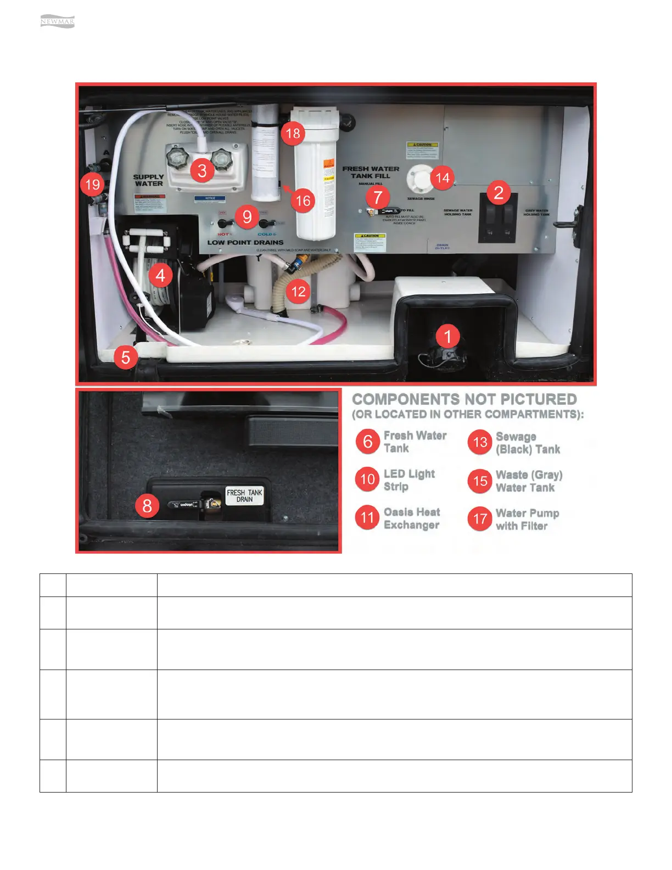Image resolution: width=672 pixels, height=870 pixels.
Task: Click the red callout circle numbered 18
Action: [293, 133]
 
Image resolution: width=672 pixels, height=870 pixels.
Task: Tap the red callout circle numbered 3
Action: [202, 170]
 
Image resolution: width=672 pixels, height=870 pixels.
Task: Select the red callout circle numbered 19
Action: [93, 185]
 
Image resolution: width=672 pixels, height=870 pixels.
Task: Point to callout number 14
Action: [442, 177]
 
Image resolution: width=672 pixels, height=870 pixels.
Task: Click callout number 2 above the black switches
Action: [498, 192]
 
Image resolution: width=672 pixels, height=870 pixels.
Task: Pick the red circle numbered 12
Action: [298, 291]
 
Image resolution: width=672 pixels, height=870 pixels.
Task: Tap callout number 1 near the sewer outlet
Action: [447, 336]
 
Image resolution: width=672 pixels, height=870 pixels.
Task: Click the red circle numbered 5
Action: [126, 358]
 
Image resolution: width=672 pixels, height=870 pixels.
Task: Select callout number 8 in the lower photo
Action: [147, 505]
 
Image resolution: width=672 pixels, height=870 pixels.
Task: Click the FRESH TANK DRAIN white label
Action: [244, 496]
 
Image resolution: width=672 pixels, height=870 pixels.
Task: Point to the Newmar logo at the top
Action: [57, 22]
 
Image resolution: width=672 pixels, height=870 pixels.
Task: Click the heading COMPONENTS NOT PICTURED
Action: [464, 399]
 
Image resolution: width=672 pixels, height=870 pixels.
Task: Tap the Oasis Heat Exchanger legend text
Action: [412, 518]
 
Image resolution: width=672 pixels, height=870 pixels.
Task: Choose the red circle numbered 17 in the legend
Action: [480, 518]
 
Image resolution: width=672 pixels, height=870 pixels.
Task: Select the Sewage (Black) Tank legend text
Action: [528, 443]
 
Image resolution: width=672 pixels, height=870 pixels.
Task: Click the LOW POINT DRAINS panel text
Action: [245, 242]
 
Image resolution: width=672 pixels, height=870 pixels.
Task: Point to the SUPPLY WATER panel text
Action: [148, 180]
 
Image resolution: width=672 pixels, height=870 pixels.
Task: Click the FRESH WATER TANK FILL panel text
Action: [371, 172]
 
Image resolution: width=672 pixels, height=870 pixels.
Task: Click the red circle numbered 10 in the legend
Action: [367, 479]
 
